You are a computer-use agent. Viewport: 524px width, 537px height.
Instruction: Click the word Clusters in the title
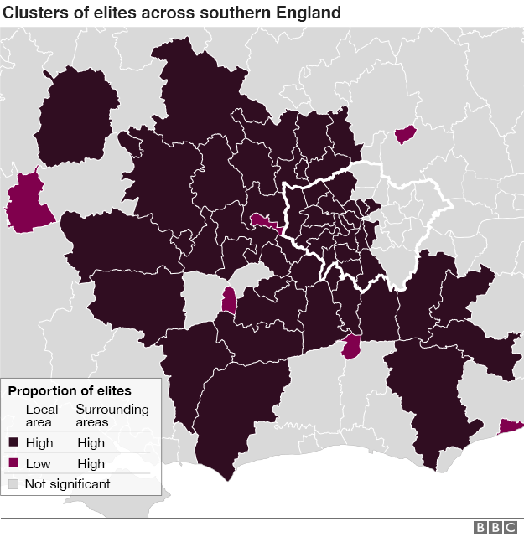point(34,13)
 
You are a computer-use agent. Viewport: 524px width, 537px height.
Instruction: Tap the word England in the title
point(310,13)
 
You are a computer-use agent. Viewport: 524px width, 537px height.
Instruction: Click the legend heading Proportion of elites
point(70,391)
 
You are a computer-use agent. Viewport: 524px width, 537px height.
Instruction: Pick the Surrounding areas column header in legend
point(112,416)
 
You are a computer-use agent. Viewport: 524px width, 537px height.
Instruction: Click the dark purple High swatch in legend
point(13,443)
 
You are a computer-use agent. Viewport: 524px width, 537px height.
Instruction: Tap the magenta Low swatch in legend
point(13,464)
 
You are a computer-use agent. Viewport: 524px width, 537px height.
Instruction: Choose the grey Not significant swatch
point(13,484)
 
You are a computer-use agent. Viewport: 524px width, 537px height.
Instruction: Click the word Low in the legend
point(39,464)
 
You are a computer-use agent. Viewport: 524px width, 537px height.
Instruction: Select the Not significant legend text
point(67,484)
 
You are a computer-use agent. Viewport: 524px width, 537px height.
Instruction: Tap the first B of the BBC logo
point(480,527)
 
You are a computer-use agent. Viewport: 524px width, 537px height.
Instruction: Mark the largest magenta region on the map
point(27,204)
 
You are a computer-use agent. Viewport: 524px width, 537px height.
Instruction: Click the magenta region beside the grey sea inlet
point(228,300)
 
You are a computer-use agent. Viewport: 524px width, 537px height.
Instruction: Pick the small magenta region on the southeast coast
point(509,427)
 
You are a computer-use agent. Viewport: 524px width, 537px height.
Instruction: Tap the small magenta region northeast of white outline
point(406,134)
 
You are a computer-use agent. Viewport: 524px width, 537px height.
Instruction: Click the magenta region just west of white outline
point(267,222)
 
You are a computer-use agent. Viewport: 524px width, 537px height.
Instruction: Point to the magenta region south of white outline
point(352,346)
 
